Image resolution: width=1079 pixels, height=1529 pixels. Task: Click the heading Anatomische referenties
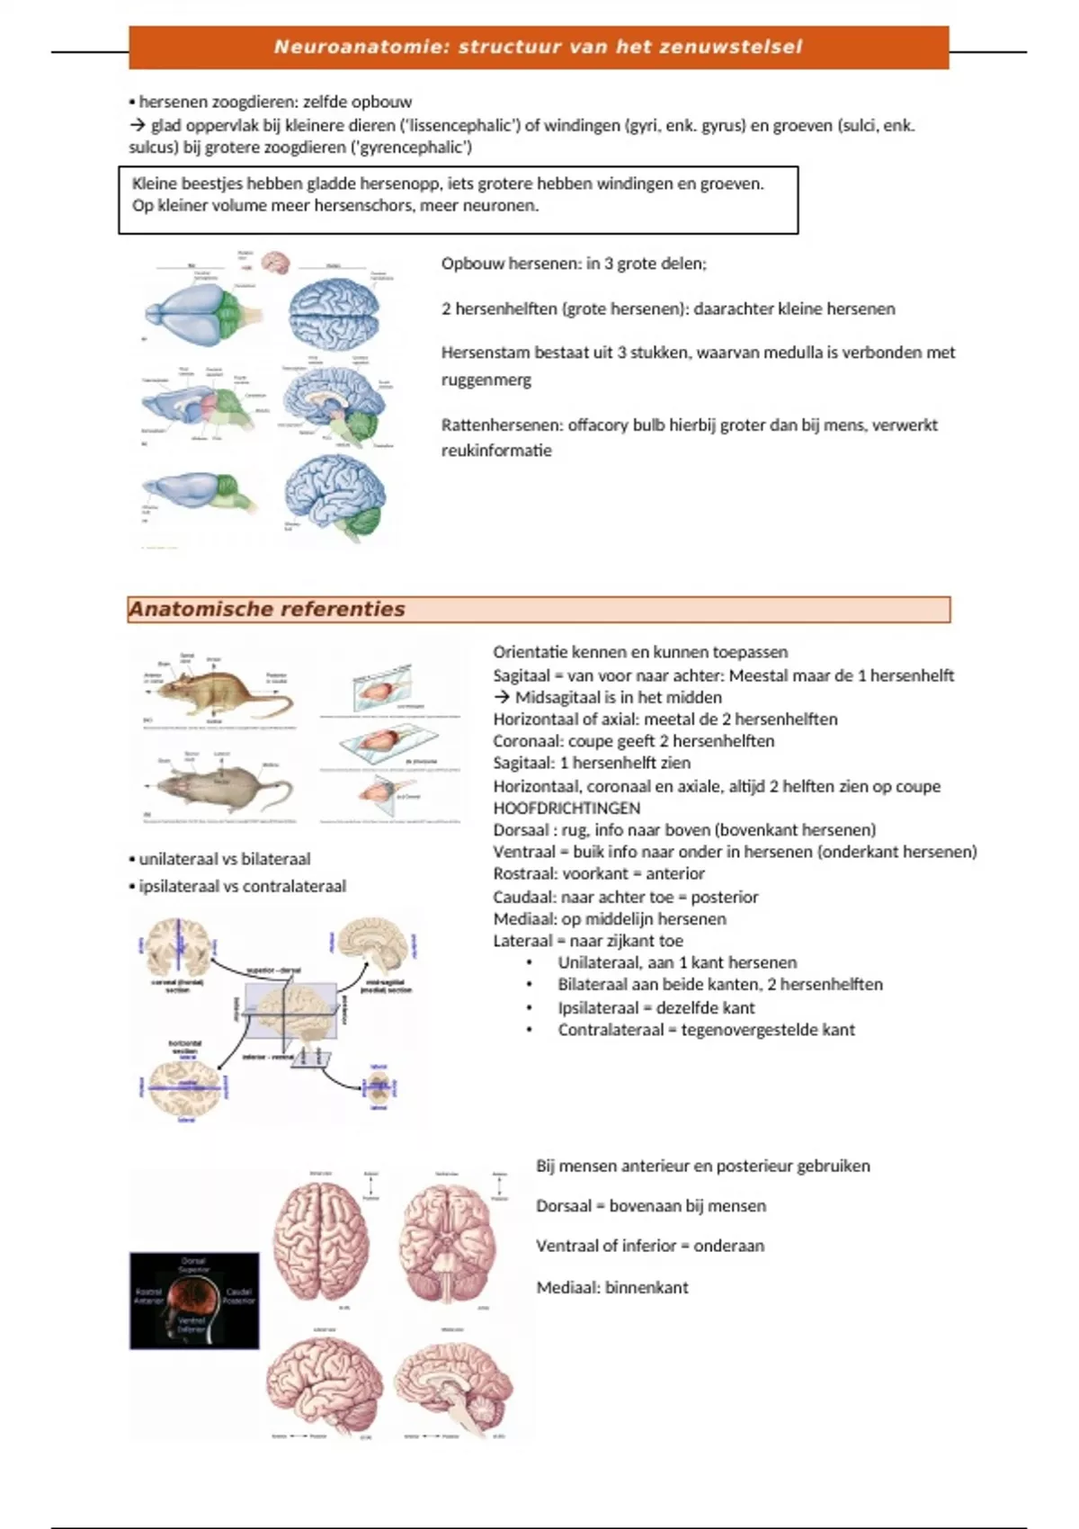point(267,609)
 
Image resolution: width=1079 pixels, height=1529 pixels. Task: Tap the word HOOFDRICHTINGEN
point(566,808)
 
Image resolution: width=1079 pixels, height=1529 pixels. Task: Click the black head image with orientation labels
point(194,1301)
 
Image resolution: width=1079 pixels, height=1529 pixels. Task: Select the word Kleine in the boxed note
point(155,183)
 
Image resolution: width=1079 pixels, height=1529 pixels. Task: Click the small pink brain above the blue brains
point(275,262)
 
